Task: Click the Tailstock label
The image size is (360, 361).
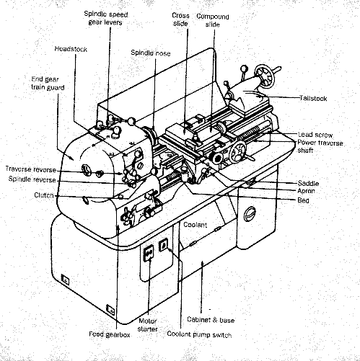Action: pyautogui.click(x=313, y=98)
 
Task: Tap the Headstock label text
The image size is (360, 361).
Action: pyautogui.click(x=71, y=49)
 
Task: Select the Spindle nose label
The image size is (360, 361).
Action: pyautogui.click(x=151, y=53)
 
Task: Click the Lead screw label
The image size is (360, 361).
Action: pyautogui.click(x=315, y=135)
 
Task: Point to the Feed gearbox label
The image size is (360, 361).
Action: pyautogui.click(x=110, y=334)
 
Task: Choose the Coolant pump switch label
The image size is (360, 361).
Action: pyautogui.click(x=199, y=334)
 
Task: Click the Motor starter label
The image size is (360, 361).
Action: pyautogui.click(x=148, y=325)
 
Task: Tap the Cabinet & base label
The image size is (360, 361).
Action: pyautogui.click(x=211, y=320)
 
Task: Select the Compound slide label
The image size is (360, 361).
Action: pyautogui.click(x=213, y=20)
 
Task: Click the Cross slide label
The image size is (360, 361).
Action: pyautogui.click(x=180, y=19)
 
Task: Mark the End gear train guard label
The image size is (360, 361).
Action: pyautogui.click(x=48, y=83)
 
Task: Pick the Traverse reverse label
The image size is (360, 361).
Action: pyautogui.click(x=31, y=169)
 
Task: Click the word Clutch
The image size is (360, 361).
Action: pyautogui.click(x=44, y=195)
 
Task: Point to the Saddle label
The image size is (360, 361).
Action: pyautogui.click(x=308, y=184)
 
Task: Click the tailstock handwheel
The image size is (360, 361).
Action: pyautogui.click(x=264, y=75)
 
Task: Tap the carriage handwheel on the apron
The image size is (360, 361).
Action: pyautogui.click(x=237, y=152)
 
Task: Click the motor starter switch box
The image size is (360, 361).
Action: pyautogui.click(x=149, y=254)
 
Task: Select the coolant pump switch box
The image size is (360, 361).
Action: pyautogui.click(x=163, y=245)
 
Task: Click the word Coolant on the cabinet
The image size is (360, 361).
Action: pyautogui.click(x=195, y=225)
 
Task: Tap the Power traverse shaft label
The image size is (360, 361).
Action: pyautogui.click(x=320, y=146)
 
